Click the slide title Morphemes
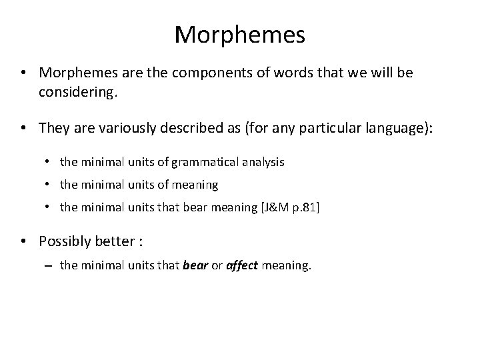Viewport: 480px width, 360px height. click(240, 34)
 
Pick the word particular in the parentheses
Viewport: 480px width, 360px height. click(331, 127)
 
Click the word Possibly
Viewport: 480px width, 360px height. click(65, 240)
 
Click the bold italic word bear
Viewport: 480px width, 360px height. click(195, 265)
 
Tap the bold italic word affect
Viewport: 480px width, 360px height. click(242, 265)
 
